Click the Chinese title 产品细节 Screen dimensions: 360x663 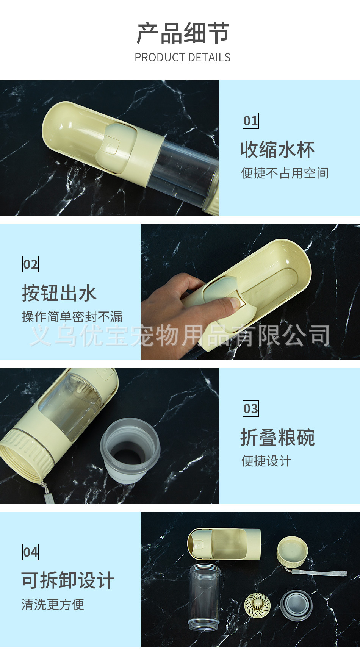click(x=183, y=33)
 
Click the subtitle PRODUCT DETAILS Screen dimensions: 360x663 click(x=183, y=58)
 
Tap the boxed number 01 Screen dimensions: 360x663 click(x=250, y=121)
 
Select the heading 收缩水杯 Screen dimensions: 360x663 click(x=278, y=150)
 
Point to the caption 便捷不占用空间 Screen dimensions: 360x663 click(x=285, y=173)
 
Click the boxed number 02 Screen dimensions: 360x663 click(x=30, y=264)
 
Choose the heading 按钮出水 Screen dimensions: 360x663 click(x=59, y=293)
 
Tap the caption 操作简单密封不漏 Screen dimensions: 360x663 click(x=72, y=317)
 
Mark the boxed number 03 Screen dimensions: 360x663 click(x=250, y=409)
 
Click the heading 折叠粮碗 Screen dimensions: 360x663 click(x=278, y=438)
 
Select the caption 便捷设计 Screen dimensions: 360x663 click(x=266, y=461)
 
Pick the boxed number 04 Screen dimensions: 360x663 click(x=30, y=552)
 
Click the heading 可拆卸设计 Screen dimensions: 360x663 click(x=68, y=580)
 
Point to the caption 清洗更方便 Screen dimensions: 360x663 click(x=53, y=604)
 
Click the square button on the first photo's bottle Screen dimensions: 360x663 click(x=111, y=146)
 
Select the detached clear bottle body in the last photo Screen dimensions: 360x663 click(x=204, y=597)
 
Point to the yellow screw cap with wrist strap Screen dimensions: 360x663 click(x=293, y=552)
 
